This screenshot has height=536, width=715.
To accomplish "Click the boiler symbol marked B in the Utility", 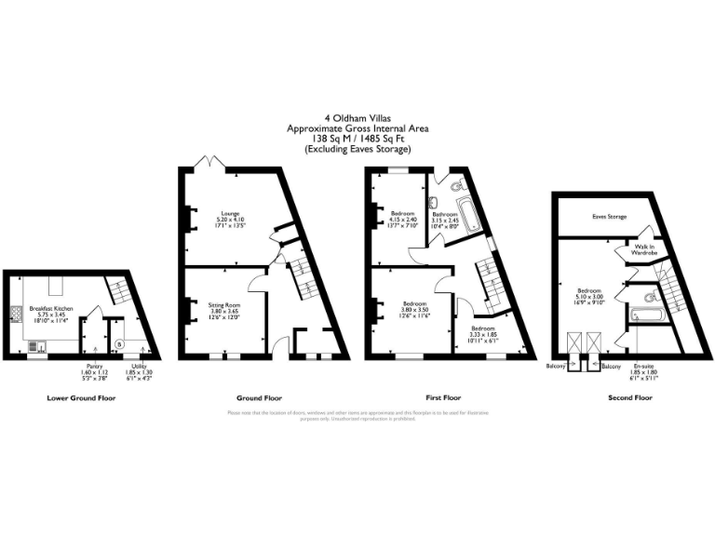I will pyautogui.click(x=117, y=343).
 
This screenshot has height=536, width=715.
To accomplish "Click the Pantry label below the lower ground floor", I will pyautogui.click(x=94, y=366).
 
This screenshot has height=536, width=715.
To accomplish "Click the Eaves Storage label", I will pyautogui.click(x=609, y=217).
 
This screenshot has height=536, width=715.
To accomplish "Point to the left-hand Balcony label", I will pyautogui.click(x=557, y=367).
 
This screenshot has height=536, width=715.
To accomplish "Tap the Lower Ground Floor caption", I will pyautogui.click(x=81, y=398).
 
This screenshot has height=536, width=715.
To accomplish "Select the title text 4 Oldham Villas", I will pyautogui.click(x=357, y=118).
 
